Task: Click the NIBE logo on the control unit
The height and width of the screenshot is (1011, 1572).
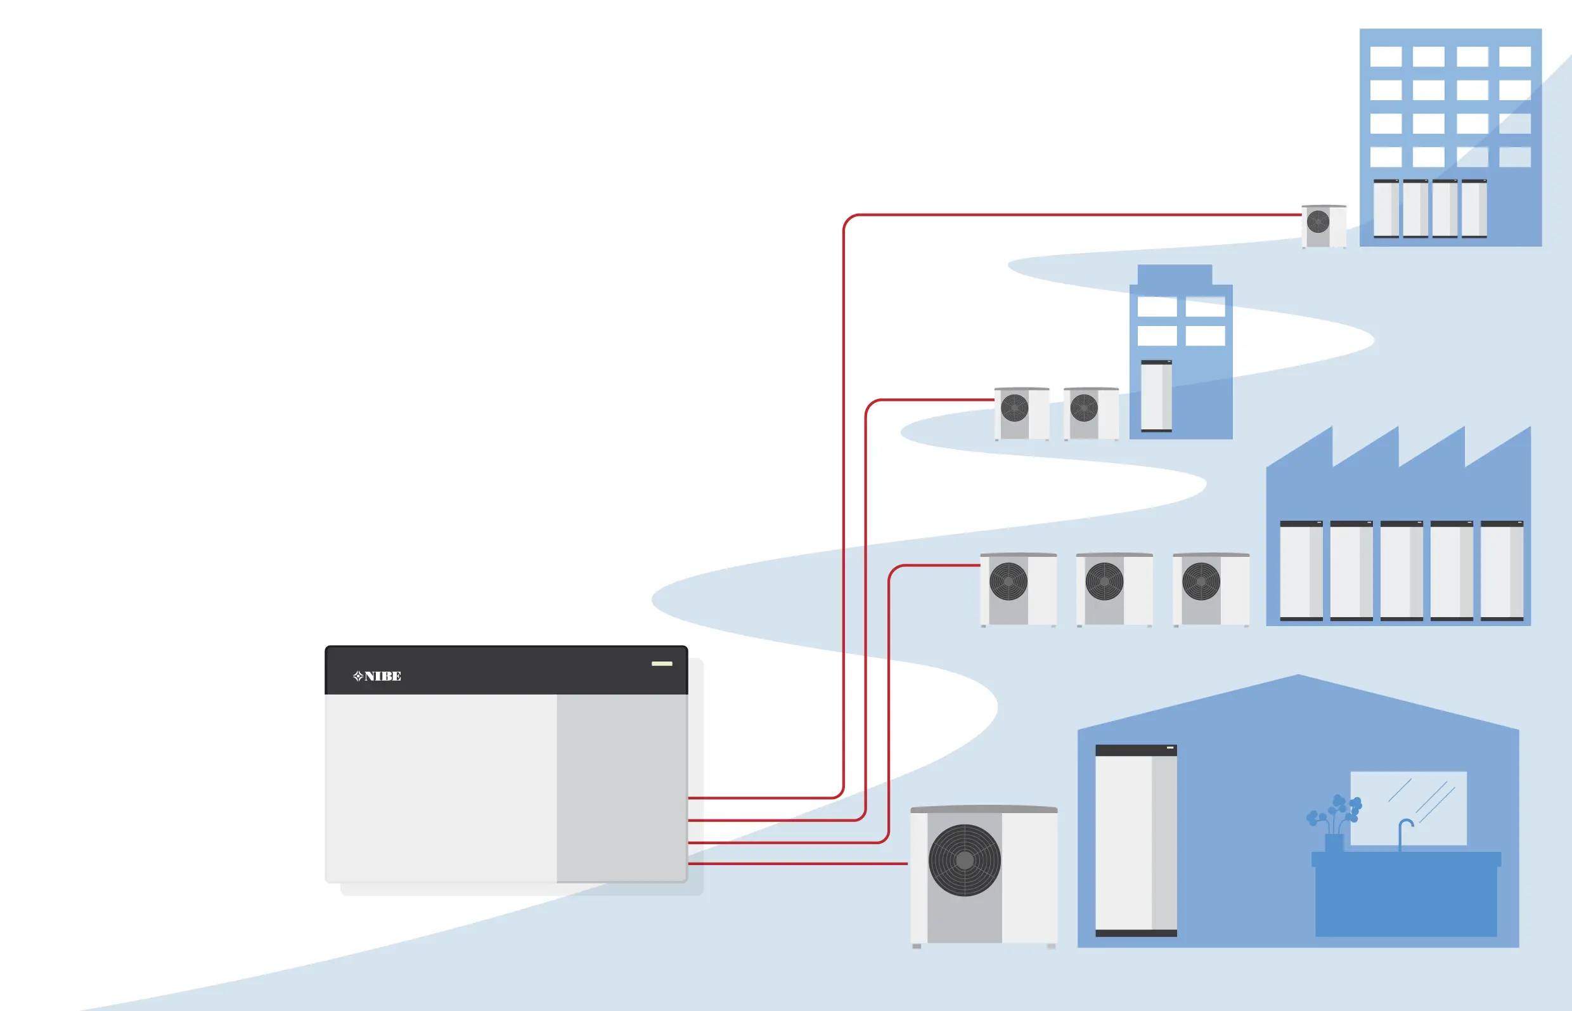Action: pos(377,676)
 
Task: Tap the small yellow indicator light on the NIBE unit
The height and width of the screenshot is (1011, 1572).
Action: pos(661,663)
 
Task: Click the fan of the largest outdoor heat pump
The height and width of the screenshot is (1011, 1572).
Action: pos(965,860)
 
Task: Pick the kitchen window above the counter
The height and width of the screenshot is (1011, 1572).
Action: pos(1408,807)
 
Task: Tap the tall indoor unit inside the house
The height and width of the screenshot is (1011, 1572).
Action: pos(1136,840)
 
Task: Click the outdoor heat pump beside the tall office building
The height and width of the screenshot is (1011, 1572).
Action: pos(1324,226)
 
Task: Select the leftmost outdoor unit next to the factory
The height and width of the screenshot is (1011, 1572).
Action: pos(1017,589)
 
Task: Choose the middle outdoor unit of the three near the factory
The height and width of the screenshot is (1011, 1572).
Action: pos(1114,589)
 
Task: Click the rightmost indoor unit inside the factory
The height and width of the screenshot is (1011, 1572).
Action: pos(1502,570)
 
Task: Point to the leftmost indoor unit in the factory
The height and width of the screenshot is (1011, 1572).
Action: pos(1301,570)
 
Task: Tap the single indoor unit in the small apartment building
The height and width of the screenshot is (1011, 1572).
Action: pos(1156,396)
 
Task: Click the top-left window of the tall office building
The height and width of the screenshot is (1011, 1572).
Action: pos(1386,56)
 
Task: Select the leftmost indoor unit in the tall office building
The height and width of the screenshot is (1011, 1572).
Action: pos(1386,208)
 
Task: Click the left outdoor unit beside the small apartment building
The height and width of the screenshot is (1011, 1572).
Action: pos(1022,413)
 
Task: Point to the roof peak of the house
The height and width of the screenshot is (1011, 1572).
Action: pos(1298,676)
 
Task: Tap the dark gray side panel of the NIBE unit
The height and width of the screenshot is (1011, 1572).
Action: pos(621,788)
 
